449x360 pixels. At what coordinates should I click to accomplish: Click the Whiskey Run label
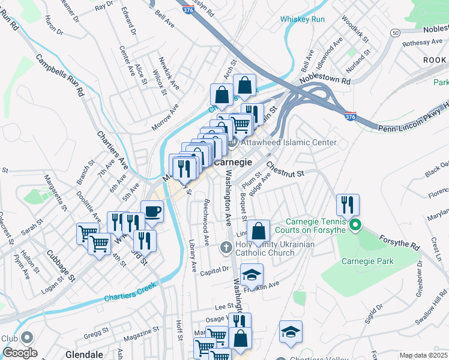[x=303, y=19]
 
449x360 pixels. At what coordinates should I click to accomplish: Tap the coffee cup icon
[x=152, y=211]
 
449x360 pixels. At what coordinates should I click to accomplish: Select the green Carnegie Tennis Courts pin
[x=355, y=226]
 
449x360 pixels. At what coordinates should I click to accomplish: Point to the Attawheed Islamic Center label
[x=288, y=142]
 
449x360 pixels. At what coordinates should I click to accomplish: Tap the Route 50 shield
[x=394, y=32]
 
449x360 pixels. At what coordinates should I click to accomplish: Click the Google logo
[x=20, y=353]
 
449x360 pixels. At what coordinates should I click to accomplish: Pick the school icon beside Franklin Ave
[x=252, y=274]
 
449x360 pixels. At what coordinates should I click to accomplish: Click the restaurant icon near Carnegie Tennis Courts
[x=347, y=205]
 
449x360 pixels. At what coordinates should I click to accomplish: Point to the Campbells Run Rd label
[x=60, y=77]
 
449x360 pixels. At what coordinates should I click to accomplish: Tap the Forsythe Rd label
[x=399, y=242]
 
